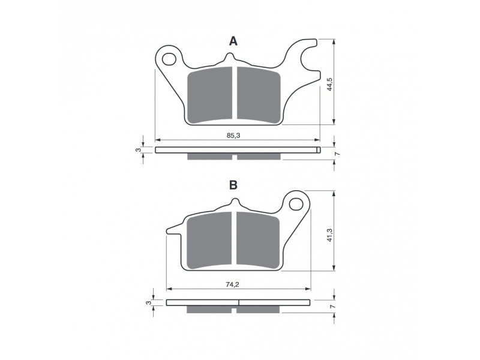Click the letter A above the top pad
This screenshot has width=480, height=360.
coord(233,41)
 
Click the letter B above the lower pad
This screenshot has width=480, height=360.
coord(233,185)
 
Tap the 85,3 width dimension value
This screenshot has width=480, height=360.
coord(233,136)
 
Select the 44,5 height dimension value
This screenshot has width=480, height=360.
coord(329,84)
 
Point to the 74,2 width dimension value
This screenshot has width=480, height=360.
coord(232,284)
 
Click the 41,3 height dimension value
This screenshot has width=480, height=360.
coord(329,234)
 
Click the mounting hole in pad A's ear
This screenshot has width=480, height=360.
coord(169,59)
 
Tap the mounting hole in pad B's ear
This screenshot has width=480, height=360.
coord(296,203)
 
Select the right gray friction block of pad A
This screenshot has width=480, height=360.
coord(259,95)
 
